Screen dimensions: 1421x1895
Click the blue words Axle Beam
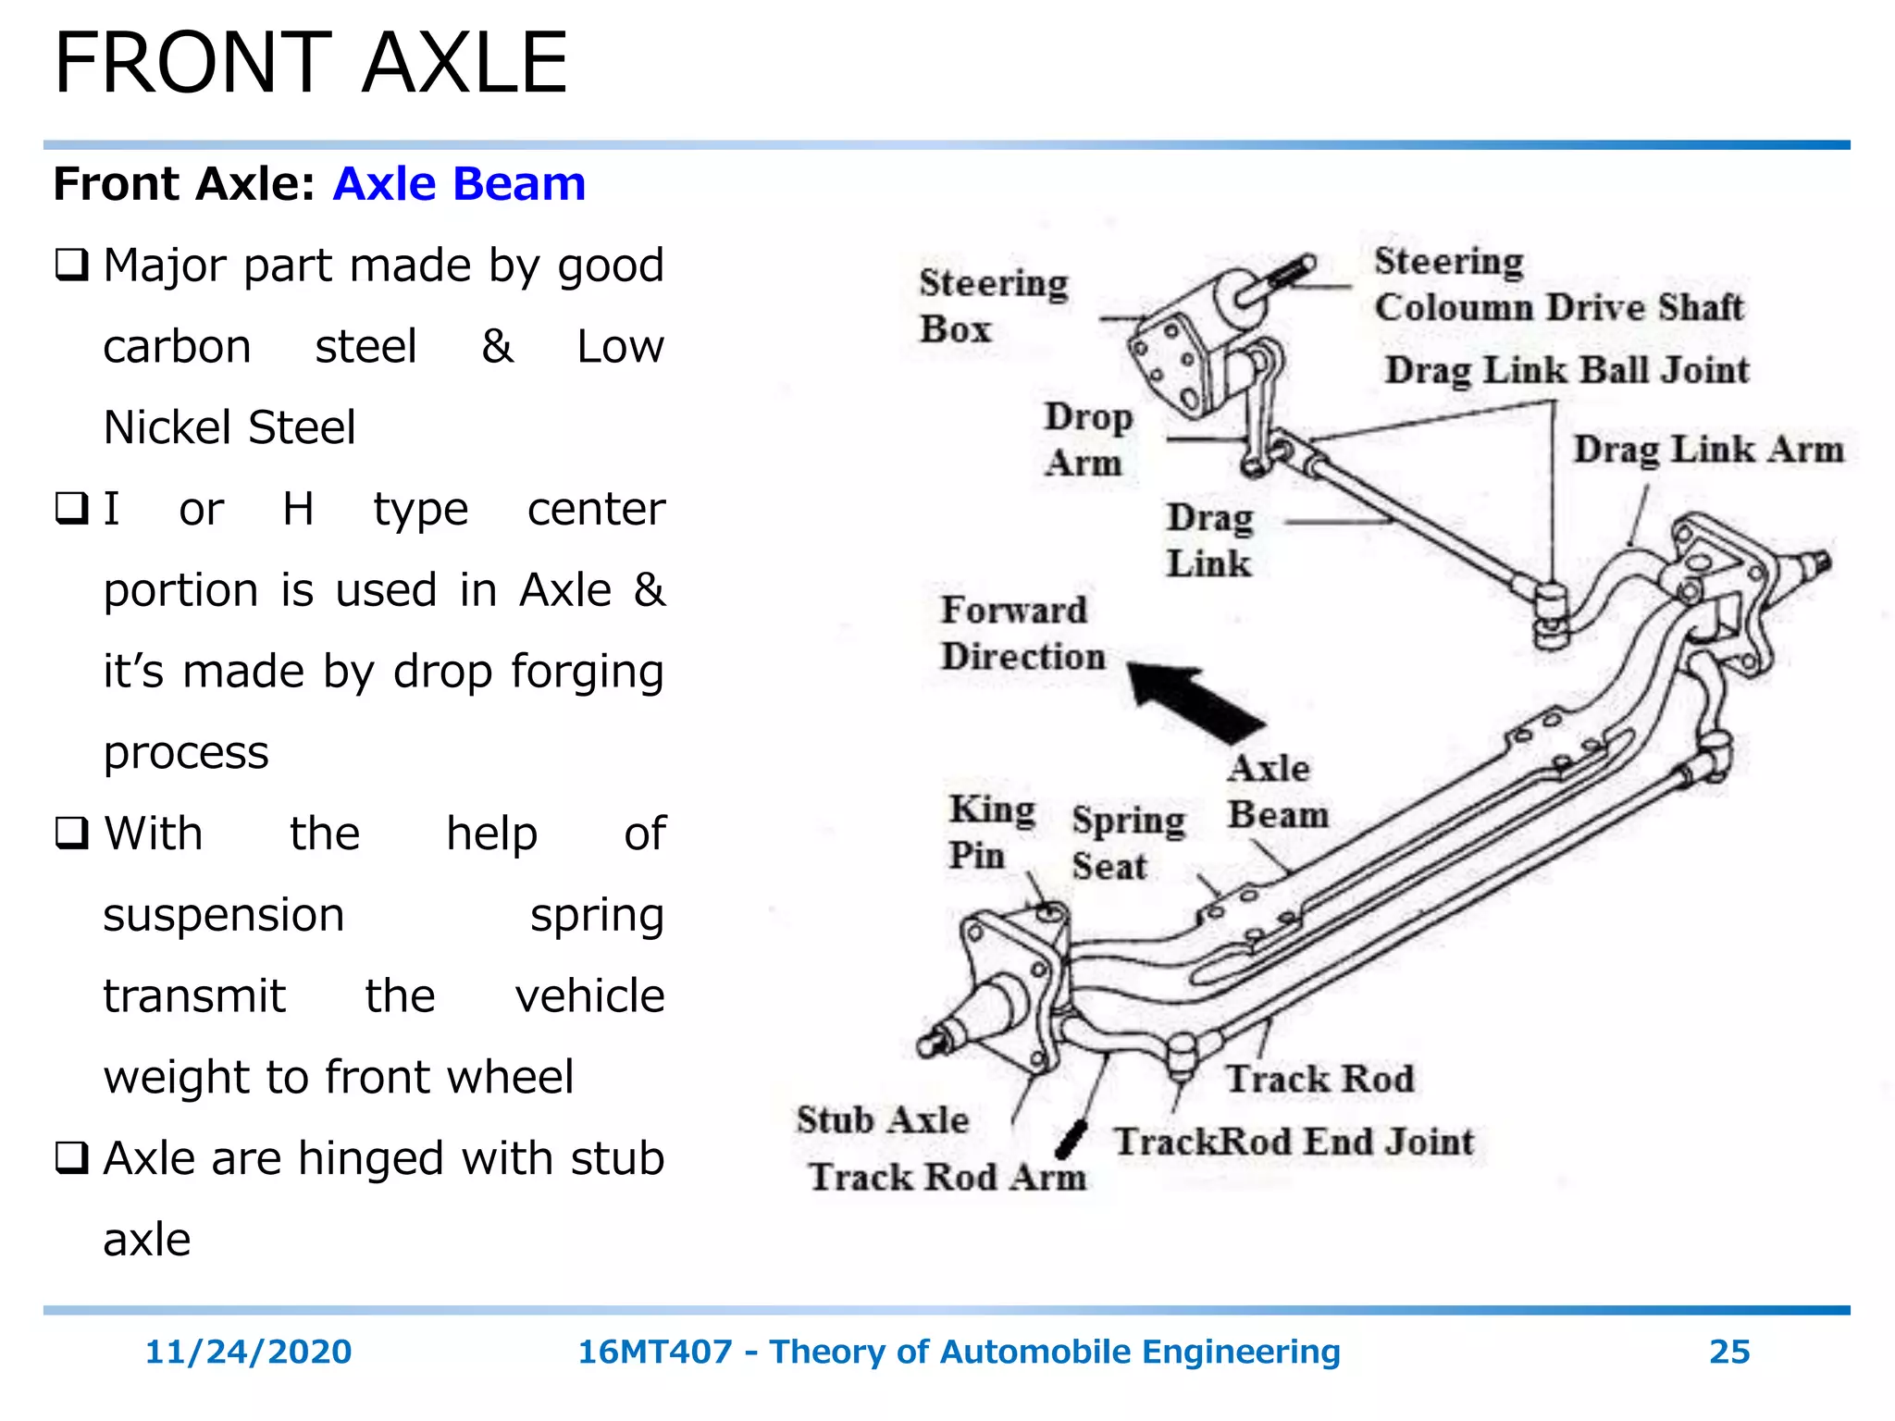(x=459, y=183)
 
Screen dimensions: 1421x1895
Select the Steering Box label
(x=992, y=305)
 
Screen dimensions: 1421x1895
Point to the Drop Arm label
(x=1087, y=439)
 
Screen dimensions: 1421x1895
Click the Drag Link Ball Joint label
(x=1567, y=370)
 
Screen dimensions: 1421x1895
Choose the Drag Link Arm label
(x=1708, y=450)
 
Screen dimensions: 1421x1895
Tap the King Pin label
(x=990, y=832)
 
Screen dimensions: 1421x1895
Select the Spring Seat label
(x=1127, y=843)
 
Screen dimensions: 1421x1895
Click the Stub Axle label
(x=882, y=1120)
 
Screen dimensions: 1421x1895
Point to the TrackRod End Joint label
(x=1294, y=1142)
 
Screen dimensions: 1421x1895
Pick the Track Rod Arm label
(x=947, y=1178)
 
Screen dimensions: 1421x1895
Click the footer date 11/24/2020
(x=248, y=1352)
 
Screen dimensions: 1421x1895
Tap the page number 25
(x=1728, y=1352)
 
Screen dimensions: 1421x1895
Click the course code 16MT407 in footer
(x=654, y=1352)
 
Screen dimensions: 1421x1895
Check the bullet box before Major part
(x=72, y=266)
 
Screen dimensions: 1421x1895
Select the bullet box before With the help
(x=72, y=834)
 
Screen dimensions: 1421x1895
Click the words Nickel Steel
(x=229, y=427)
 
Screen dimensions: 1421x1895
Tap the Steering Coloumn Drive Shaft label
(x=1557, y=284)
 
